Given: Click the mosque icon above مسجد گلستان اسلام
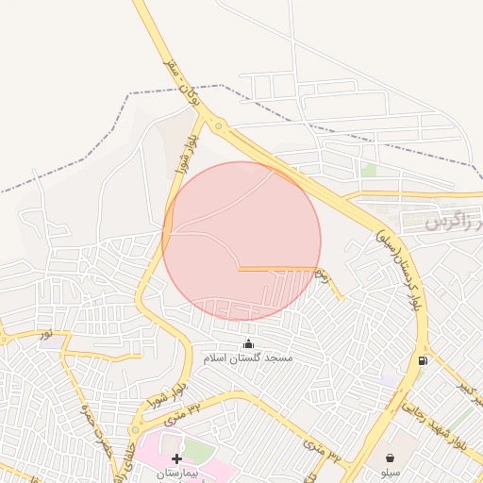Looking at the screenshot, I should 248,343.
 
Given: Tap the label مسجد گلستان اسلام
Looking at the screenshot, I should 248,358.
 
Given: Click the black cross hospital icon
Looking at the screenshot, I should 176,458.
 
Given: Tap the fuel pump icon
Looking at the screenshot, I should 422,359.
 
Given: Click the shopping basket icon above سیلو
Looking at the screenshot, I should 390,458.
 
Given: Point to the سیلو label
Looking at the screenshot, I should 390,471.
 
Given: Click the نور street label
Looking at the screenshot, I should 45,335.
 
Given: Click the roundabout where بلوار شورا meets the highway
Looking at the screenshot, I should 218,126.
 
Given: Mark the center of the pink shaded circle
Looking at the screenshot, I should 241,241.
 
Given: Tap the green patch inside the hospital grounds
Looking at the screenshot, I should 196,451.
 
